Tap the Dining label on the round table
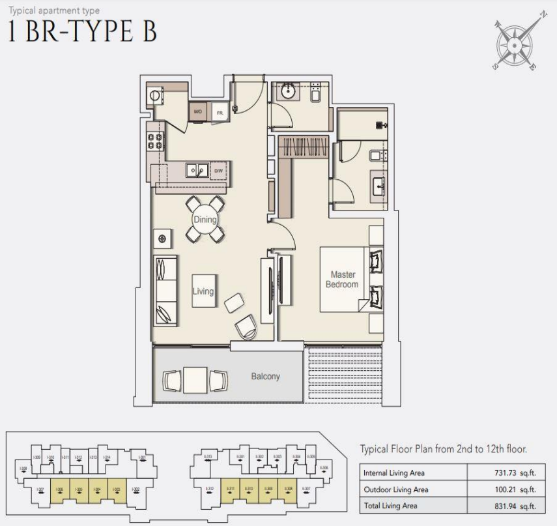[x=204, y=220]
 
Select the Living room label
[x=203, y=291]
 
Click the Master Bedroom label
[x=342, y=280]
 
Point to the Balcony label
[x=266, y=377]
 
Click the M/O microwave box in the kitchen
[x=198, y=112]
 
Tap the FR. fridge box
[x=220, y=112]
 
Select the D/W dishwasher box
[x=219, y=171]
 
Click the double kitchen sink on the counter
[x=195, y=171]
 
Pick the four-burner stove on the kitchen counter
[x=156, y=142]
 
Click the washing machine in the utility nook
[x=155, y=95]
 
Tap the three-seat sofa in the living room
[x=165, y=291]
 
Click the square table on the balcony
[x=195, y=380]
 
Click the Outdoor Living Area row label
[x=395, y=490]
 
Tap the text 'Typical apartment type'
[x=49, y=9]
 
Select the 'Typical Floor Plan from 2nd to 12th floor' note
[x=443, y=450]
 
